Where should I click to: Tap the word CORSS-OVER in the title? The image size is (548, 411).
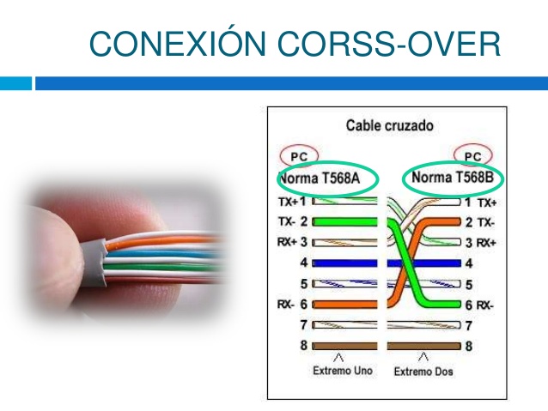tap(389, 44)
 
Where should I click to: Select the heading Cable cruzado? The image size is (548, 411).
tap(390, 125)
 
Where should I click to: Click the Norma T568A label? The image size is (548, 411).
tap(320, 178)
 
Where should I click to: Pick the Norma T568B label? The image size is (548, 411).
tap(453, 177)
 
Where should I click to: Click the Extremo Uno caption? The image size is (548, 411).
tap(343, 371)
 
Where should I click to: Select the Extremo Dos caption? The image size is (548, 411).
tap(423, 372)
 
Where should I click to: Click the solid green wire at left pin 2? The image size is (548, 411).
tap(344, 221)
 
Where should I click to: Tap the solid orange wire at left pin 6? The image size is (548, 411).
tap(344, 305)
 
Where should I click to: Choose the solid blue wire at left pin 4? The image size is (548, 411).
tap(344, 263)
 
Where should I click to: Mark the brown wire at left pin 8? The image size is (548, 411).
tap(344, 346)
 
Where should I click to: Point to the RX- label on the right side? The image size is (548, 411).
tap(484, 305)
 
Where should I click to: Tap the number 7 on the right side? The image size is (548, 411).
tap(469, 326)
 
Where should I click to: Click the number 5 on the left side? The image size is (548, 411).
tap(304, 283)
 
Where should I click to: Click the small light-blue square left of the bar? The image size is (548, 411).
tap(15, 83)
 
